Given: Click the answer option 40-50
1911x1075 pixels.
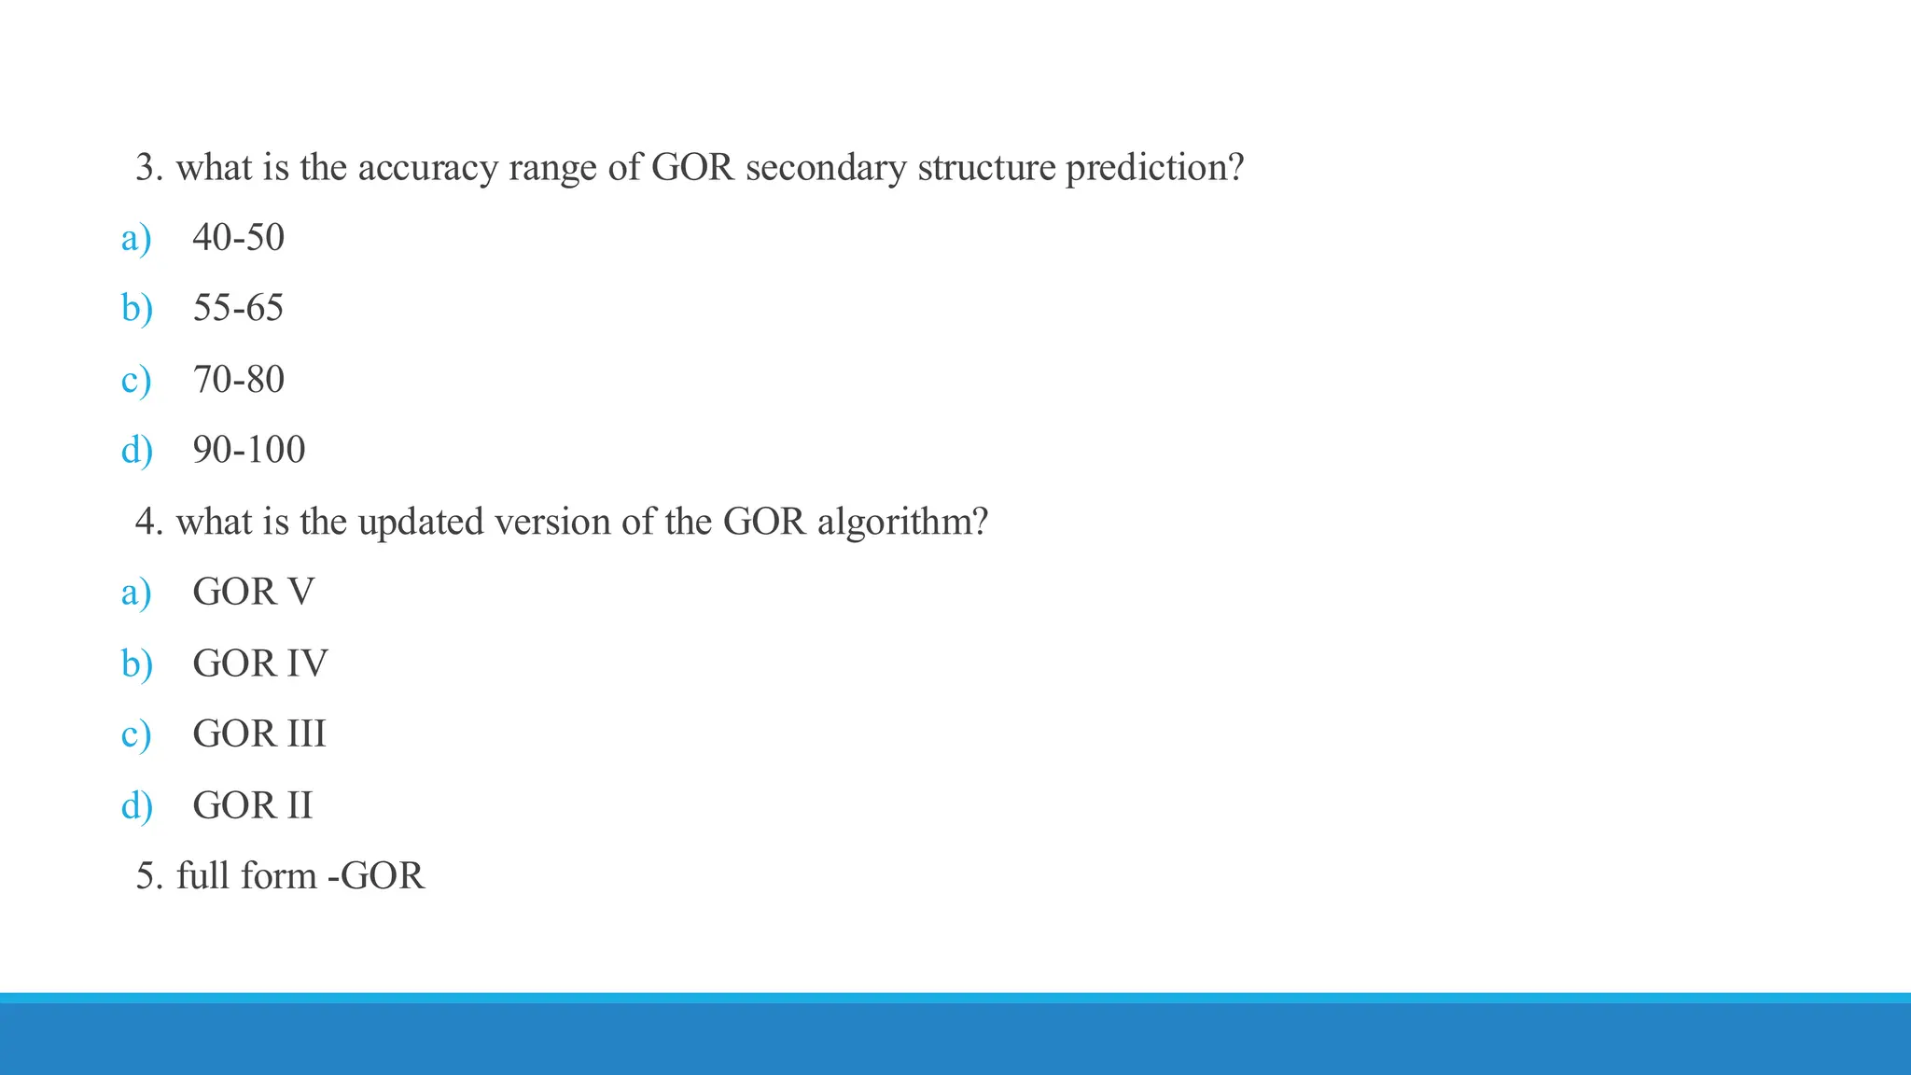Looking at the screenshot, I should coord(238,237).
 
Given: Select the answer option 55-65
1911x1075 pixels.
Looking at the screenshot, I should coord(238,308).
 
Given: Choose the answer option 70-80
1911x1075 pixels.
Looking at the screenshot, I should coord(238,379).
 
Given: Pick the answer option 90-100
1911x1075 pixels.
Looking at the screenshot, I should coord(248,450).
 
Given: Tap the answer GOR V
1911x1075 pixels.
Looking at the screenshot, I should coord(253,592).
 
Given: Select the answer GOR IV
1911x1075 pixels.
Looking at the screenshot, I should coord(259,663).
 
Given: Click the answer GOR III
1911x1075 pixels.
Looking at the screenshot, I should coord(258,733).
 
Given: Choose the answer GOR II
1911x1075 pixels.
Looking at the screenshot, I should coord(252,804).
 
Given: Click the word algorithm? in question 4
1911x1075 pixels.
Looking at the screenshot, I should coord(902,522).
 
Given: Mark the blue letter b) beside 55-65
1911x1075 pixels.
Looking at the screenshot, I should coord(136,308).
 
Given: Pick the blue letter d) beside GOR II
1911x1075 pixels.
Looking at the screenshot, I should coord(136,804).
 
